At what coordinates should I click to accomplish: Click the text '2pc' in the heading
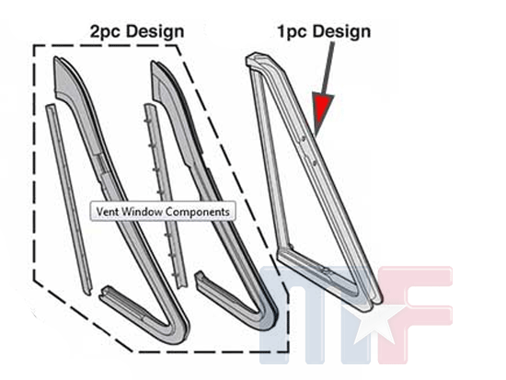tap(106, 32)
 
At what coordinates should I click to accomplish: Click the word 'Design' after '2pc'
tap(155, 31)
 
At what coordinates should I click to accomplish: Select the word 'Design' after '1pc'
tap(341, 31)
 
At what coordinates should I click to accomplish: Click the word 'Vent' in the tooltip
tap(108, 212)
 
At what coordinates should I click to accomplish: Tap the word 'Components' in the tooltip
tap(198, 213)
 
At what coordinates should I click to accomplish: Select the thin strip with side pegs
tap(166, 195)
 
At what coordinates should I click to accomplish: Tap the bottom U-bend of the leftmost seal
tap(176, 329)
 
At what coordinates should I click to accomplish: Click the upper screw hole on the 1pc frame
tap(304, 139)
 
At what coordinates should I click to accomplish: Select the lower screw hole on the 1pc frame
tap(314, 164)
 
